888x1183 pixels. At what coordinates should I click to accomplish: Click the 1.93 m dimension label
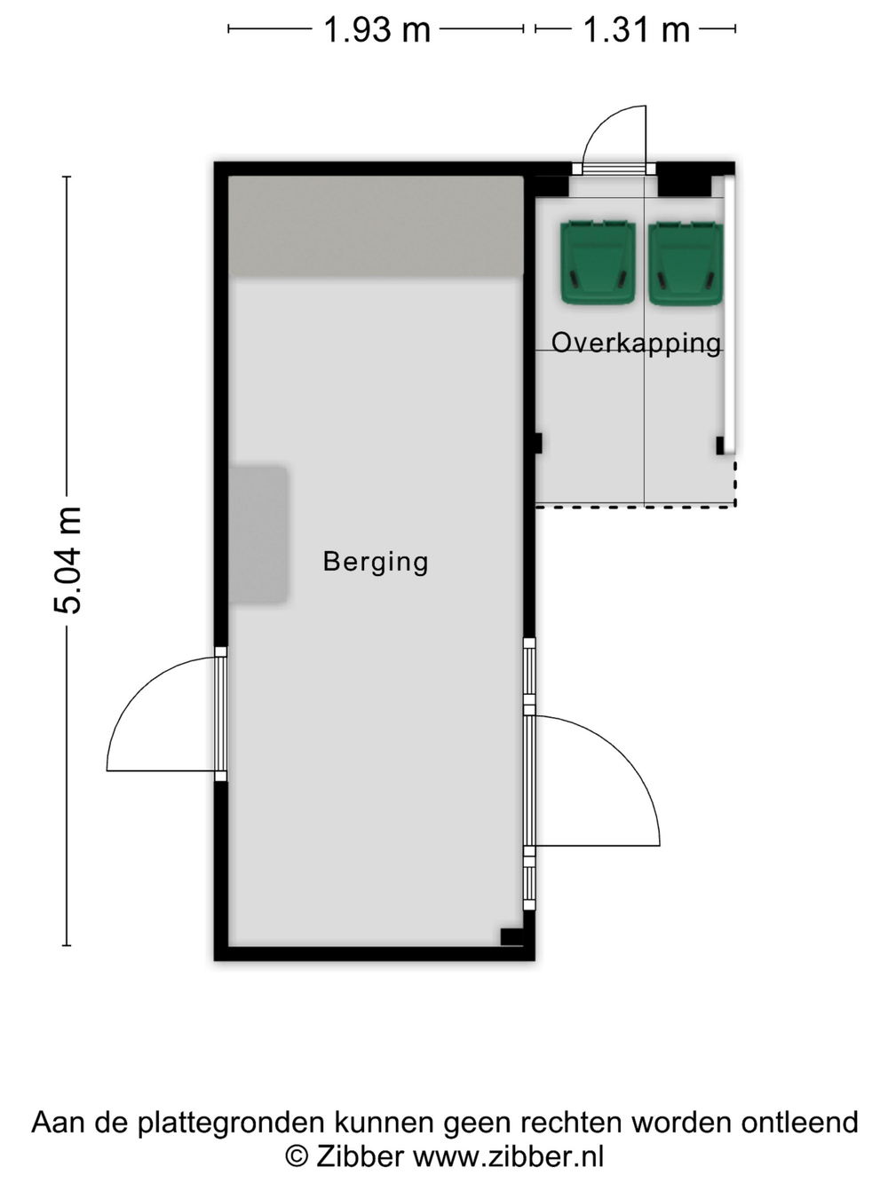[x=377, y=29]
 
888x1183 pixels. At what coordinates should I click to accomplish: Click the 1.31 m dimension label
[x=636, y=29]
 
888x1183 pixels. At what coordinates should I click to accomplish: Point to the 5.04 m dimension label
[x=68, y=561]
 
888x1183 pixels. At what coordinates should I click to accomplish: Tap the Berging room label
[x=376, y=562]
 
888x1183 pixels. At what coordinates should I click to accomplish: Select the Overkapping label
[x=636, y=343]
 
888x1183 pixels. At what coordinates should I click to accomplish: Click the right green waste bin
[x=686, y=263]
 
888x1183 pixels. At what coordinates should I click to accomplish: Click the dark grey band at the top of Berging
[x=376, y=225]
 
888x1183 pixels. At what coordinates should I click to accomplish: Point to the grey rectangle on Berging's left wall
[x=258, y=534]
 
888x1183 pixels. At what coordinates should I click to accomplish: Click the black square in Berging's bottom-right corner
[x=511, y=936]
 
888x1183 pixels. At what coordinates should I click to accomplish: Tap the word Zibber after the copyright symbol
[x=360, y=1155]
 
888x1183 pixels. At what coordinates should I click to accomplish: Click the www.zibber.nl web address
[x=509, y=1155]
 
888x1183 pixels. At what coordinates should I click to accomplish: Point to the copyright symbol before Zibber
[x=296, y=1156]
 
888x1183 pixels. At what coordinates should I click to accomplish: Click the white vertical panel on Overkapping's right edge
[x=729, y=315]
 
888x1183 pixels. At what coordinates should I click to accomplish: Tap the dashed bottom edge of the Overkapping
[x=635, y=506]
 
